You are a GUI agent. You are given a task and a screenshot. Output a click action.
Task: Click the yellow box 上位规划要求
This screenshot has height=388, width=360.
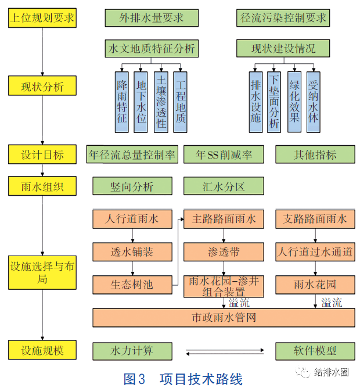pyautogui.click(x=42, y=18)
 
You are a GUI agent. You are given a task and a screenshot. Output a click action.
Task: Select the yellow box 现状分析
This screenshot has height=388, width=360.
pyautogui.click(x=42, y=87)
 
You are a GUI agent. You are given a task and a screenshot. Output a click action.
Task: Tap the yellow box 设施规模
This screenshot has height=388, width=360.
pyautogui.click(x=42, y=350)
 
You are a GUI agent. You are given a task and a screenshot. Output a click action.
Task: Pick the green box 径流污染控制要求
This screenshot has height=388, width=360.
pyautogui.click(x=283, y=18)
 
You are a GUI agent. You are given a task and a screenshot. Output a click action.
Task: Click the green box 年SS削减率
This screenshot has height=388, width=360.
pyautogui.click(x=223, y=155)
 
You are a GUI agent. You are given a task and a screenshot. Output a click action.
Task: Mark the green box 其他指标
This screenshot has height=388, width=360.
pyautogui.click(x=315, y=155)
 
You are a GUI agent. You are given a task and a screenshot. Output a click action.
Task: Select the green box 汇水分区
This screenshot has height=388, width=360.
pyautogui.click(x=223, y=186)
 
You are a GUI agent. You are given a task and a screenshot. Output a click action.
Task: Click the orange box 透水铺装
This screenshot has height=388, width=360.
pyautogui.click(x=132, y=252)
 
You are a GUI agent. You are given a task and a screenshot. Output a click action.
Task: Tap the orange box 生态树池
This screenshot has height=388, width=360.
pyautogui.click(x=132, y=285)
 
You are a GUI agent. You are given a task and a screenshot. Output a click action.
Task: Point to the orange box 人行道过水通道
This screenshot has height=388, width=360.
pyautogui.click(x=315, y=252)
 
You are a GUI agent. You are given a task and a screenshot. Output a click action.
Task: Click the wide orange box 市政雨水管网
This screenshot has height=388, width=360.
pyautogui.click(x=224, y=317)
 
